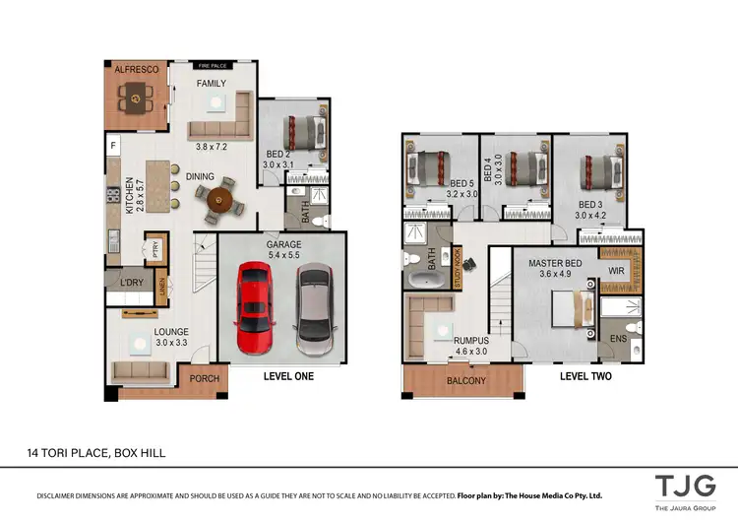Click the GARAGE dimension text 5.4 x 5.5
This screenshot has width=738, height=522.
[x=281, y=256]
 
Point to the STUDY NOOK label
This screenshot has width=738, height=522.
[x=457, y=268]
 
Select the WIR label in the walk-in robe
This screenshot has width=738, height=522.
[x=617, y=270]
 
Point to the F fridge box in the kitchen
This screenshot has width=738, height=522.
[x=113, y=147]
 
